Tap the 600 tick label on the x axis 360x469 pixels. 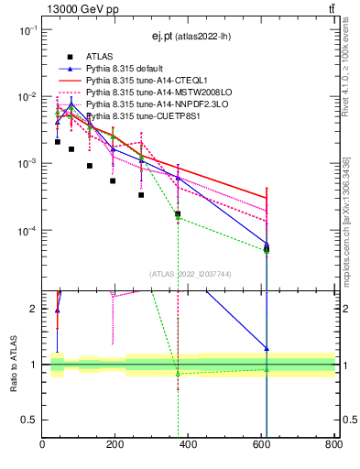261,445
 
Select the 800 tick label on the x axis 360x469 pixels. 333,445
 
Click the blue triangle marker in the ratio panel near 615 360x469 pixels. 267,349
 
